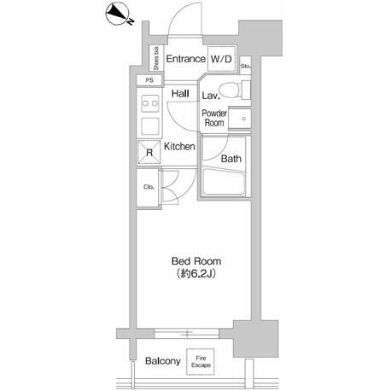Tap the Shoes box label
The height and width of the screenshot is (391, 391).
(x=156, y=59)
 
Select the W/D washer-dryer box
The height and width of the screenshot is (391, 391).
(x=221, y=59)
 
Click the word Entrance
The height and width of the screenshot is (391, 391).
(x=185, y=59)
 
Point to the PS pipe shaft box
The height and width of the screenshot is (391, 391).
(x=149, y=80)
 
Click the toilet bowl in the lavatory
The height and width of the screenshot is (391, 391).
(x=231, y=90)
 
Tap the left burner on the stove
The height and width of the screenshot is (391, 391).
(x=145, y=103)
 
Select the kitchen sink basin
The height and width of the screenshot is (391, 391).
(x=150, y=125)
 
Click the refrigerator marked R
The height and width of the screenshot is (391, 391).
(x=149, y=152)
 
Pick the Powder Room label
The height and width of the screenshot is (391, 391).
(x=214, y=118)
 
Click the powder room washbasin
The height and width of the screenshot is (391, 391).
(x=240, y=119)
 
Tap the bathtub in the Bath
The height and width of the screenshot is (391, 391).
(x=224, y=181)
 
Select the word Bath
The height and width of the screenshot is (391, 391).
(x=231, y=159)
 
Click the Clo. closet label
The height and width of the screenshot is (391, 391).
(x=149, y=187)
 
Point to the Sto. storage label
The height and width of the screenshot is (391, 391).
(x=246, y=67)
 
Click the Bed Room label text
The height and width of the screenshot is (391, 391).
(x=196, y=261)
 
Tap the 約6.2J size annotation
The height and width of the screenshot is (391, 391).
(x=196, y=274)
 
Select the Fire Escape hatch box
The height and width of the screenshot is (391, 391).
(x=201, y=362)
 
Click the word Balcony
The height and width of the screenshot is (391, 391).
(x=163, y=361)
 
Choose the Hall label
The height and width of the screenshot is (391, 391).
(x=180, y=93)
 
